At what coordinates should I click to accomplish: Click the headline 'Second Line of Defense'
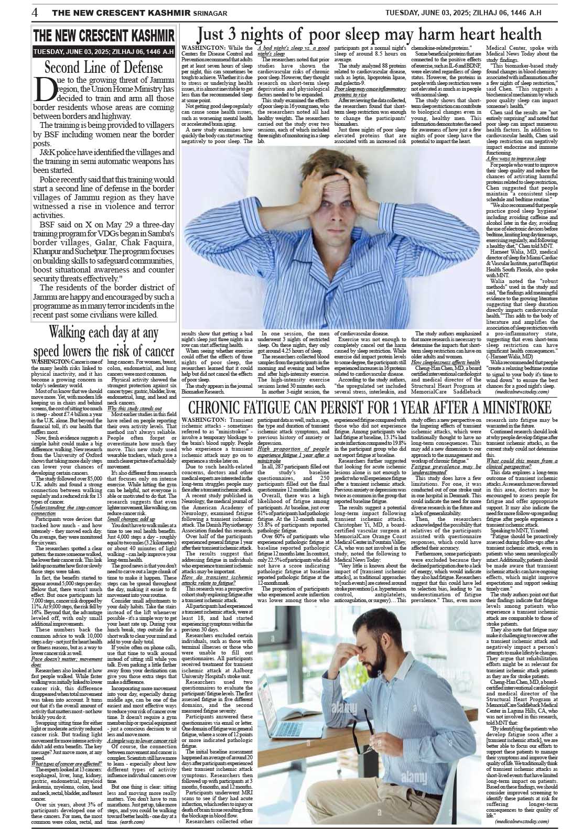[x=103, y=68]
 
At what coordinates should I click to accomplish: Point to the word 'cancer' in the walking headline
[x=156, y=351]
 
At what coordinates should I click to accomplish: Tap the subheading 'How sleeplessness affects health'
[x=445, y=362]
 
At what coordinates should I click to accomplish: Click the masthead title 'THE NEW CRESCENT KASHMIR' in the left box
[x=103, y=36]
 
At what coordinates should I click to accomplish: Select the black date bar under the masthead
[x=103, y=52]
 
